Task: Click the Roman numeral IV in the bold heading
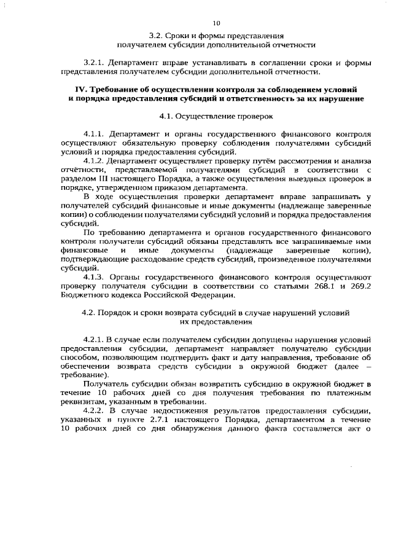(x=80, y=90)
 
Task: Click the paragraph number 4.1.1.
(x=94, y=133)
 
